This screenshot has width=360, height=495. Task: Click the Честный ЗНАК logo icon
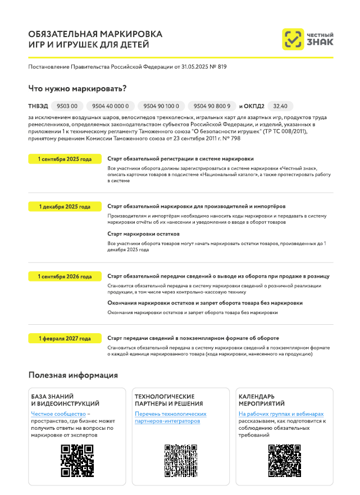(x=293, y=39)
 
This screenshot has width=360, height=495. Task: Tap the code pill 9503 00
(x=67, y=106)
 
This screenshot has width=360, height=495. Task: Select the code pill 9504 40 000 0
(x=110, y=106)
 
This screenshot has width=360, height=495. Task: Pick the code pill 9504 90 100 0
(x=161, y=106)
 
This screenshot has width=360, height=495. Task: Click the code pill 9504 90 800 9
(x=212, y=106)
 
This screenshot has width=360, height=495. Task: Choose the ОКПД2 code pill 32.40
(x=280, y=106)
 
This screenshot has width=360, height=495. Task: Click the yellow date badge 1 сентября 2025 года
(x=65, y=159)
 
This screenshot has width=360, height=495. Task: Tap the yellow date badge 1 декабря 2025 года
(x=65, y=207)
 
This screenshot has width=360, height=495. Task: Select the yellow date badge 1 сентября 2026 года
(x=65, y=276)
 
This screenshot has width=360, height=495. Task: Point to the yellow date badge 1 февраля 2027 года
(x=65, y=339)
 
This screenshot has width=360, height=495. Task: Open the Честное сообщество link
(x=58, y=414)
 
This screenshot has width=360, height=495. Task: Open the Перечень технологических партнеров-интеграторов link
(x=170, y=417)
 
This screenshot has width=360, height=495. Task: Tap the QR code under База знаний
(x=77, y=461)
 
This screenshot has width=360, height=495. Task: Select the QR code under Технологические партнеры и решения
(x=180, y=461)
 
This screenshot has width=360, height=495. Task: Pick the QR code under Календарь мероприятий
(x=284, y=461)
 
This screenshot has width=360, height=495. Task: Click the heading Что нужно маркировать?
(x=77, y=88)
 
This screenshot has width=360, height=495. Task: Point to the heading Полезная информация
(x=73, y=375)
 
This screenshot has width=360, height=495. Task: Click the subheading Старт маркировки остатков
(x=143, y=233)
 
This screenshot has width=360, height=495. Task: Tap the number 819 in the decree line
(x=222, y=67)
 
